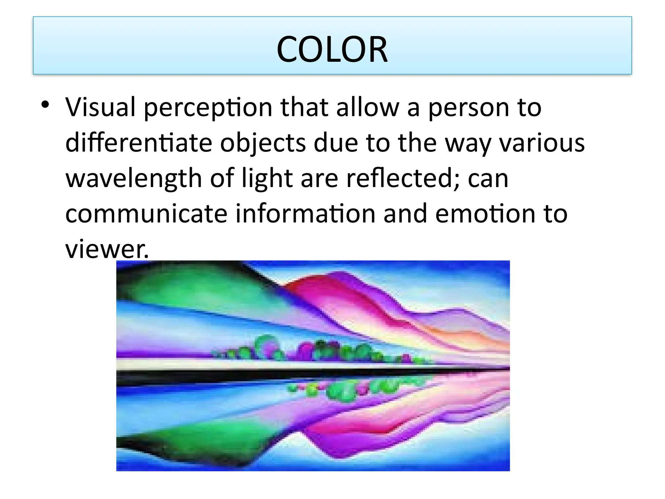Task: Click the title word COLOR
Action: (332, 49)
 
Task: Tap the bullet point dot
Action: (45, 105)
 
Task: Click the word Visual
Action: (100, 107)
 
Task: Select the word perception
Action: (208, 108)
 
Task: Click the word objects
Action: (263, 144)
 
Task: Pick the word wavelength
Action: (134, 179)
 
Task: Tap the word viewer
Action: (107, 249)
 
